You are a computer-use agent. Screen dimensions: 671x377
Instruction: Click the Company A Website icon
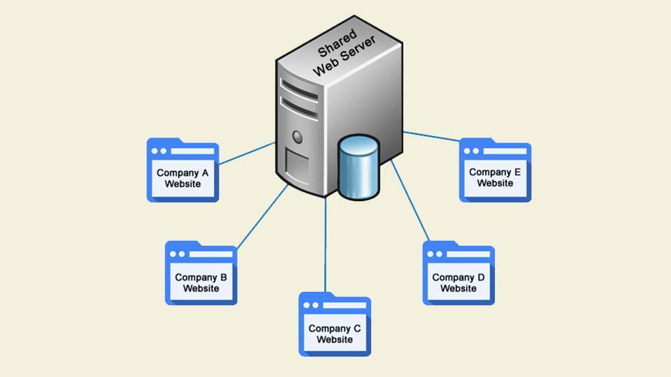pos(182,170)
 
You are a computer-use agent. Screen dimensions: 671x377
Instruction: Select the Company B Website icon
pos(201,273)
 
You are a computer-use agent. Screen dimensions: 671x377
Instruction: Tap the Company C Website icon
pos(335,325)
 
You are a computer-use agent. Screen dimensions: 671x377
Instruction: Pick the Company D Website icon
pos(459,273)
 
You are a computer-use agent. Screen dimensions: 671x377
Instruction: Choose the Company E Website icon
pos(495,170)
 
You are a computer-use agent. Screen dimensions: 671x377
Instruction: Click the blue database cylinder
pos(359,168)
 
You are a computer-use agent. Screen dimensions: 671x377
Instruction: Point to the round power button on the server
pos(298,138)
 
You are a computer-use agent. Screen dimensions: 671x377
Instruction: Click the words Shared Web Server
pos(344,53)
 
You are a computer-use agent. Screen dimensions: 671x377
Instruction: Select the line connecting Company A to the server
pos(247,154)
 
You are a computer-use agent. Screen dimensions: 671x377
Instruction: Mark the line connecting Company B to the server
pos(263,216)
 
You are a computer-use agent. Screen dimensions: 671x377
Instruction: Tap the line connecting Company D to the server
pos(410,200)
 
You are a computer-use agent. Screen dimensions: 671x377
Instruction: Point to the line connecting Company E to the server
pos(431,136)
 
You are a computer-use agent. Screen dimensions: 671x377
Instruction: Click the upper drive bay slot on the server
pos(299,90)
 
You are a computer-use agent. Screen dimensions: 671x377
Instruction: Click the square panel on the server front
pos(297,167)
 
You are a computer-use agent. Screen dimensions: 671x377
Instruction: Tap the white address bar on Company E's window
pos(505,151)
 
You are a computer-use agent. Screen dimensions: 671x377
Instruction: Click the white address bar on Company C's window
pos(345,305)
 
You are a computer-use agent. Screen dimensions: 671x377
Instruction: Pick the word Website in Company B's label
pos(201,288)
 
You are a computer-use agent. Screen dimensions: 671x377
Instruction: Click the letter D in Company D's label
pos(481,277)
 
